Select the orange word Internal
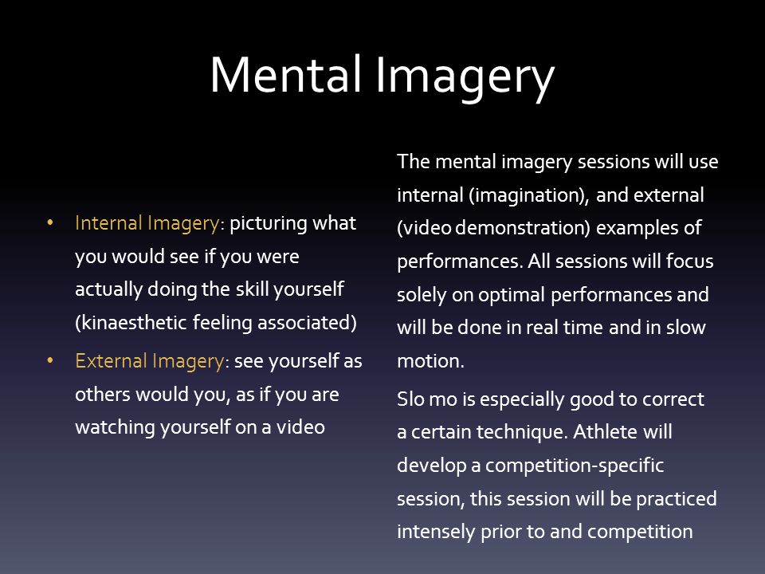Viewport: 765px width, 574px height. tap(109, 223)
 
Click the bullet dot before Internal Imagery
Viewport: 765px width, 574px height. tap(52, 223)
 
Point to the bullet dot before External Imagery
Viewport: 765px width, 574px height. tap(52, 361)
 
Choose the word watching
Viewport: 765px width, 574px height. tap(112, 427)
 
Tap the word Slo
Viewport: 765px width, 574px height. tap(410, 400)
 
